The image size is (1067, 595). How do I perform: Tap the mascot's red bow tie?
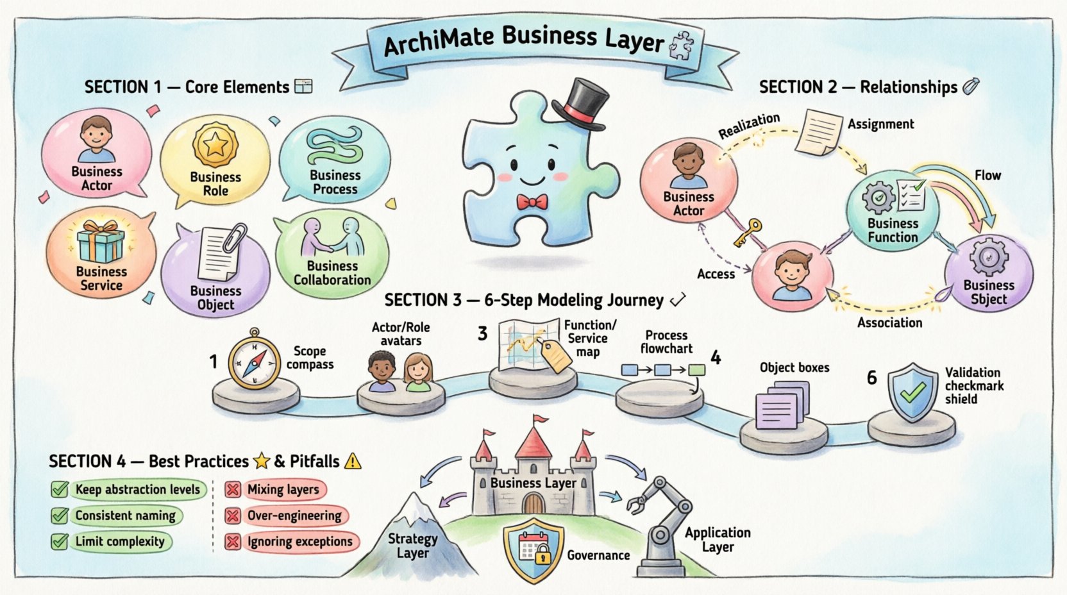(x=532, y=203)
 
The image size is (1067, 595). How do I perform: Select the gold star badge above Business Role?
(x=215, y=145)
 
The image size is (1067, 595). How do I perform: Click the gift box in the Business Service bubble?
(x=101, y=242)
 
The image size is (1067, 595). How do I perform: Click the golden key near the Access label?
(x=748, y=232)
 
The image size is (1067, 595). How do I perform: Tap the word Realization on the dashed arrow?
(x=749, y=126)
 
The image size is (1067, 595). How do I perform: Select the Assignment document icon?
(x=818, y=131)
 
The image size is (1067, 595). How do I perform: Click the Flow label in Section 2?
(x=987, y=175)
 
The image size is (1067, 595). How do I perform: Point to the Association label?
(x=889, y=323)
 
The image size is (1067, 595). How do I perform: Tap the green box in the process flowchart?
(x=696, y=370)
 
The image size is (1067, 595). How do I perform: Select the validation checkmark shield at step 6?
(x=912, y=392)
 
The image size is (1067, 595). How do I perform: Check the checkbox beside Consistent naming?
(x=60, y=515)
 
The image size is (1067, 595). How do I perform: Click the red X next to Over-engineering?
(x=232, y=515)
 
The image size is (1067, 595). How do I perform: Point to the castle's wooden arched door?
(x=533, y=503)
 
